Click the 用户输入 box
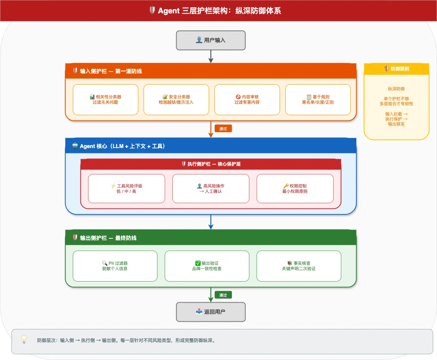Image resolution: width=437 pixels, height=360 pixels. click(211, 41)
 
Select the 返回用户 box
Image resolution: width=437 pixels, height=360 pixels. click(211, 312)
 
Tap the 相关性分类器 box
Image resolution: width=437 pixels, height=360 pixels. click(105, 100)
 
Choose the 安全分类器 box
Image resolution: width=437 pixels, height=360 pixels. click(176, 100)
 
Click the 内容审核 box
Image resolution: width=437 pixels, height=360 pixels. click(247, 100)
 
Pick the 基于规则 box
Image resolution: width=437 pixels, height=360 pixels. click(318, 100)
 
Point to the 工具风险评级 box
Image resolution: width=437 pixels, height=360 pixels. click(126, 189)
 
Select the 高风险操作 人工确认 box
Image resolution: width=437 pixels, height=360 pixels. click(211, 189)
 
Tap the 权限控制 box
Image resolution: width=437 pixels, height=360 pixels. click(295, 189)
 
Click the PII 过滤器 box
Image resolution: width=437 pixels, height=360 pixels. click(115, 266)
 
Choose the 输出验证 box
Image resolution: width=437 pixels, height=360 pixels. click(207, 266)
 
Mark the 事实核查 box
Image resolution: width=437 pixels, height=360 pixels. click(299, 266)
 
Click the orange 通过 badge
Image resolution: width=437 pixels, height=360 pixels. click(223, 129)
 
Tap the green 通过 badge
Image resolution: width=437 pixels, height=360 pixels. click(223, 295)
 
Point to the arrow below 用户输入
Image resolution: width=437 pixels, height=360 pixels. click(211, 57)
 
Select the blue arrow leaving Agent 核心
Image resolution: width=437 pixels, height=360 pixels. click(211, 222)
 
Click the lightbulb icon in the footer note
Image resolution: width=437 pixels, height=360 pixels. click(24, 339)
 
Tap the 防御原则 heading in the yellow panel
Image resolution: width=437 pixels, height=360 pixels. click(399, 69)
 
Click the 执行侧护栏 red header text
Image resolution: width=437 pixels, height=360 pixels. click(214, 164)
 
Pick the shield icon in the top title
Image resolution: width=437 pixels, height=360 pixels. click(152, 10)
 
